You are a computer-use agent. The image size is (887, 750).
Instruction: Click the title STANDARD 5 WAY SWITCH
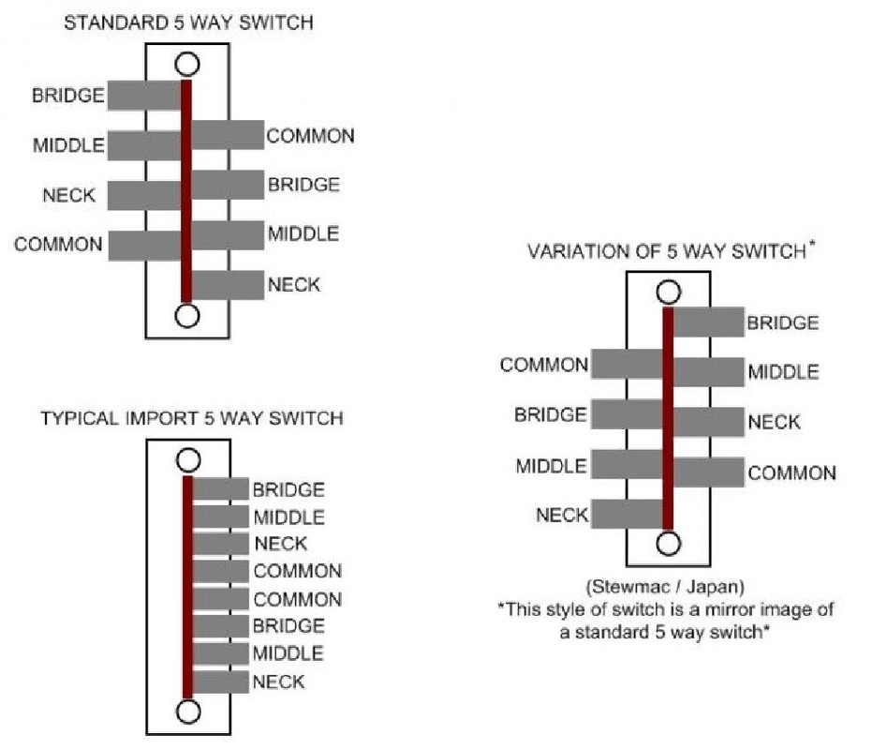(x=187, y=22)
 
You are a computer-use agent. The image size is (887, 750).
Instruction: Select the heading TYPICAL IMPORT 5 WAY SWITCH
(x=191, y=418)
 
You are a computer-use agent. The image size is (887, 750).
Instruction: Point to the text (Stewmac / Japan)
(x=665, y=588)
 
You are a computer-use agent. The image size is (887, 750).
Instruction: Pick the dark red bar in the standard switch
(x=186, y=187)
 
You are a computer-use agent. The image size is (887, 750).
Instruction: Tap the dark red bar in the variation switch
(x=668, y=417)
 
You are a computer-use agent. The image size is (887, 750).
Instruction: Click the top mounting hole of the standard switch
(x=186, y=64)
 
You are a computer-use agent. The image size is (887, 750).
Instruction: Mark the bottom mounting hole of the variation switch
(x=668, y=543)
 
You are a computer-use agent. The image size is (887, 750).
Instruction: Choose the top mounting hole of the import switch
(x=188, y=459)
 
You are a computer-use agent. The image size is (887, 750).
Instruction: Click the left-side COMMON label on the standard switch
(x=58, y=245)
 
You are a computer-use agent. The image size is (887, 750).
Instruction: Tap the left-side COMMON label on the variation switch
(x=543, y=365)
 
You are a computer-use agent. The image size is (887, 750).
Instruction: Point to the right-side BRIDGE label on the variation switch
(x=783, y=323)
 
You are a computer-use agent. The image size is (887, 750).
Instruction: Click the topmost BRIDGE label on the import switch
(x=288, y=489)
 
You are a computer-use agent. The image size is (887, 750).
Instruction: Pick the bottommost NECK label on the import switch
(x=279, y=682)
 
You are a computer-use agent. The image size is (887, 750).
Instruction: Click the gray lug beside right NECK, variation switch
(x=709, y=422)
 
